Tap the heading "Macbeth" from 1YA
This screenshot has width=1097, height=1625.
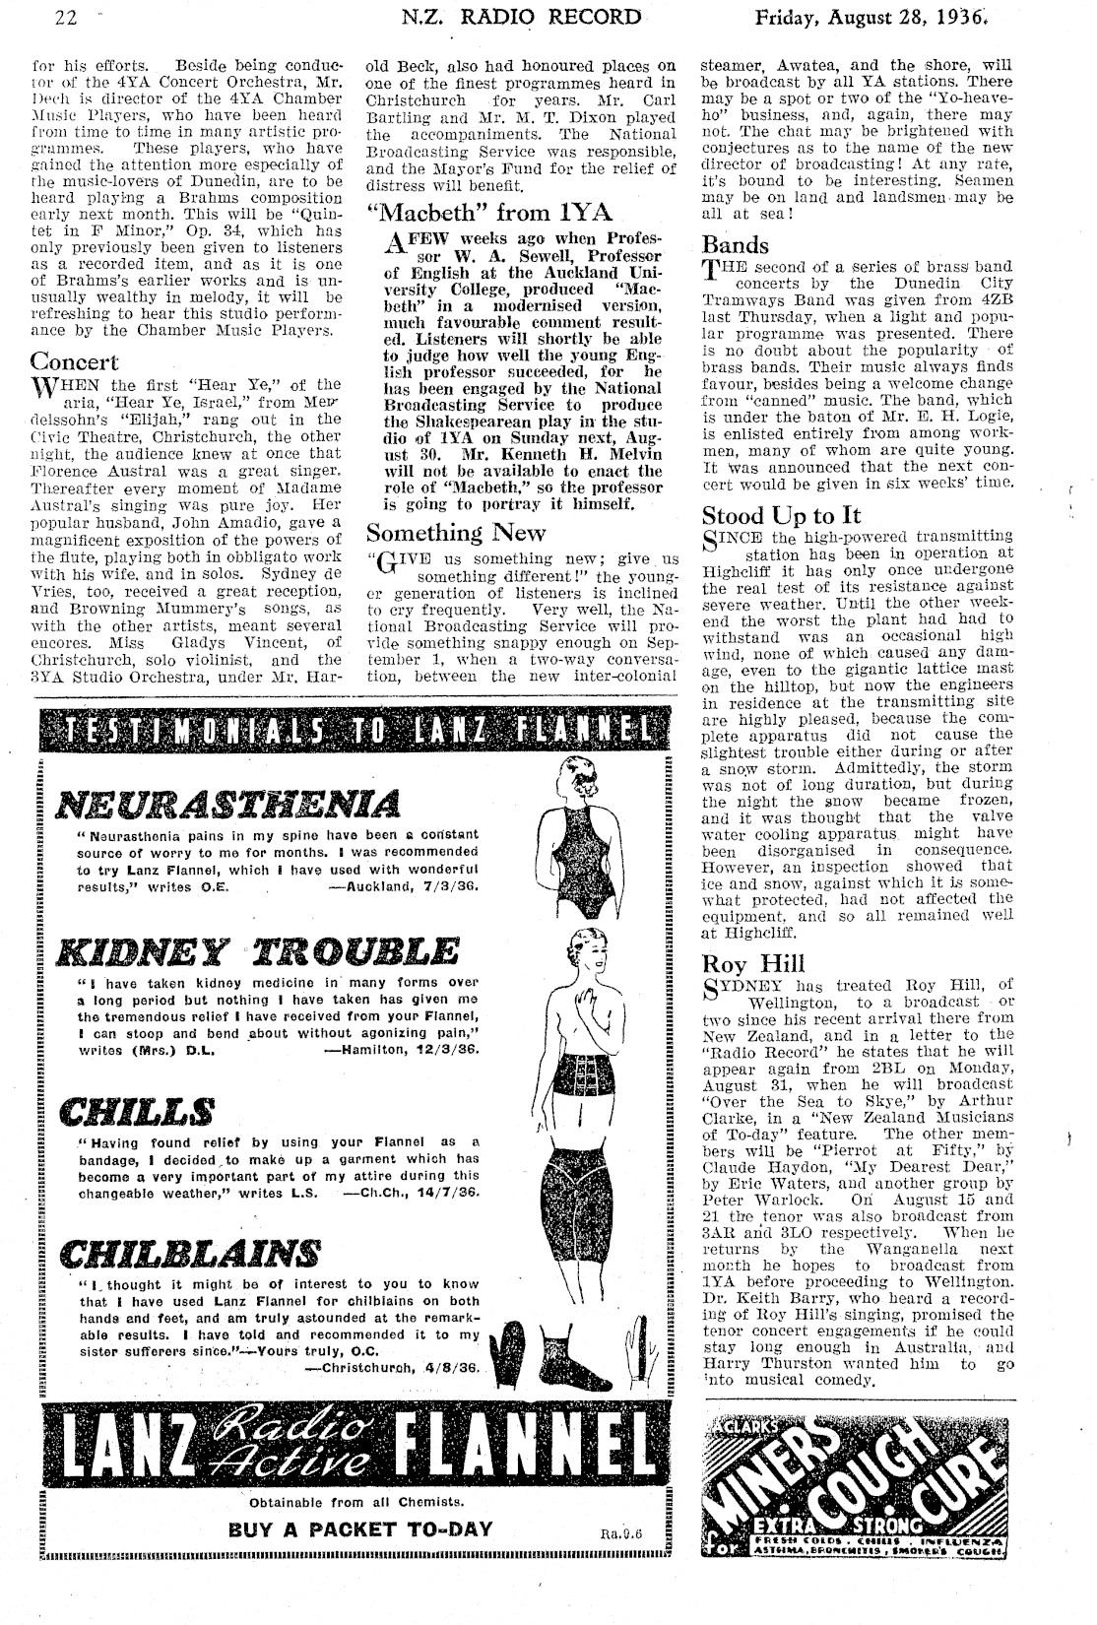489,212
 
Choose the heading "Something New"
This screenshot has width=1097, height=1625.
455,533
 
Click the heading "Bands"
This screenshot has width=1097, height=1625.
736,244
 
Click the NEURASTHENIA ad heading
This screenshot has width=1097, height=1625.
227,804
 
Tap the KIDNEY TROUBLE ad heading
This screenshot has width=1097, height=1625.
259,952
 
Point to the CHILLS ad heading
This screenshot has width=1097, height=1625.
138,1112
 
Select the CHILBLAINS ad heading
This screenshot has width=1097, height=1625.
191,1255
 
